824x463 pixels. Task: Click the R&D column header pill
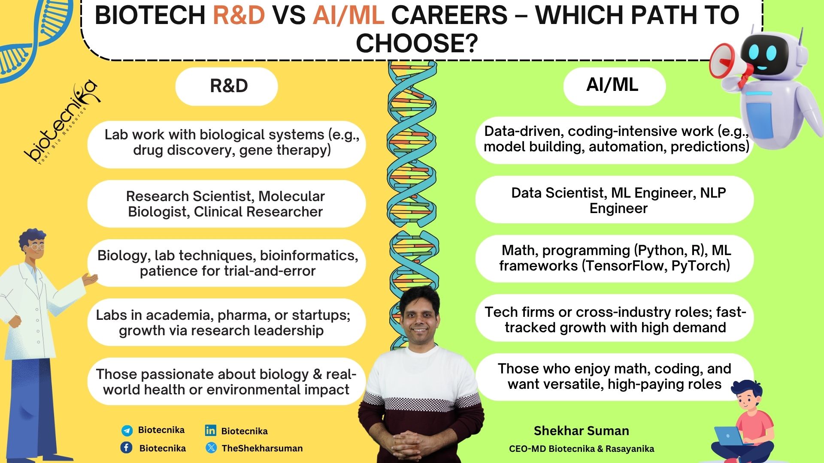227,86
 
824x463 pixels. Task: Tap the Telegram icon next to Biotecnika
127,430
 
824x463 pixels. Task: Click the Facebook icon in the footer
126,448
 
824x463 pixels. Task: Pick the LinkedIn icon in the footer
210,430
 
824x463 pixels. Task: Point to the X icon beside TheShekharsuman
211,448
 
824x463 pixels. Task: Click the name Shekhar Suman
582,431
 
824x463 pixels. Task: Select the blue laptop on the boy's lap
730,436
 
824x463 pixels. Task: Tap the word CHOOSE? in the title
417,43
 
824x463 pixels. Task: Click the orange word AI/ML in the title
348,15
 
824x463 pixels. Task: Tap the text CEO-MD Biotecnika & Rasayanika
582,449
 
